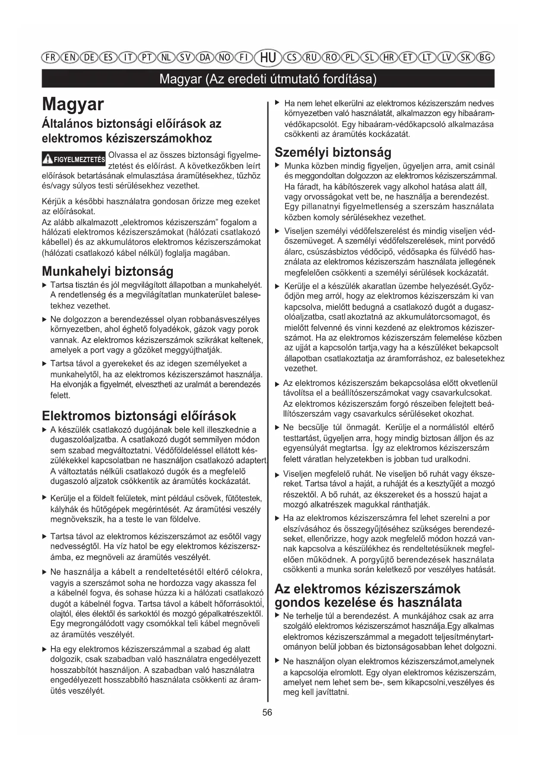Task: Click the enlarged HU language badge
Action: click(x=268, y=57)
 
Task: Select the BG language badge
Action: click(x=485, y=57)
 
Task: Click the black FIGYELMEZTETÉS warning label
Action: click(x=74, y=159)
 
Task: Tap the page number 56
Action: click(x=267, y=712)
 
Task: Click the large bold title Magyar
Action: click(x=73, y=105)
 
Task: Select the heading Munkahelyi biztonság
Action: click(x=108, y=271)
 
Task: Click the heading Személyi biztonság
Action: click(x=333, y=152)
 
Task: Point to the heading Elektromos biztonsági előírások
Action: click(x=139, y=416)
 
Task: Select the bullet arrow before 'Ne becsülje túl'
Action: click(x=278, y=427)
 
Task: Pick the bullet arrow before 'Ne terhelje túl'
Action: click(x=278, y=615)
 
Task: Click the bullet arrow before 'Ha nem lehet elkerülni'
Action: click(x=278, y=103)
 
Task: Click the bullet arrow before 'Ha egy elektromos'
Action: click(x=44, y=649)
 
